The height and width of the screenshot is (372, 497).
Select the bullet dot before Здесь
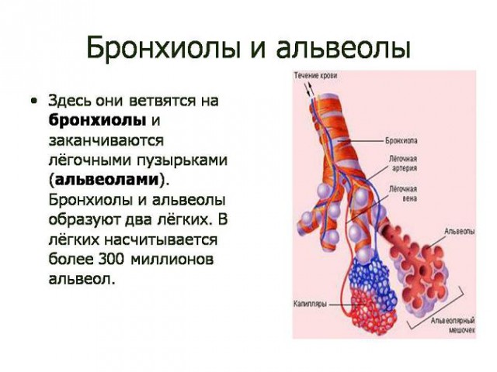(33, 102)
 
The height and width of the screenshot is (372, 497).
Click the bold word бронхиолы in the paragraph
(97, 121)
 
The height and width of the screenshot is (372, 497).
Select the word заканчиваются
(105, 140)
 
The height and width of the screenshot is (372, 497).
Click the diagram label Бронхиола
(401, 142)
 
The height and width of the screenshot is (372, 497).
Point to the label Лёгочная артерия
(403, 160)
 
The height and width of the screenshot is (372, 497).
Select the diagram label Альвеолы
(460, 231)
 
